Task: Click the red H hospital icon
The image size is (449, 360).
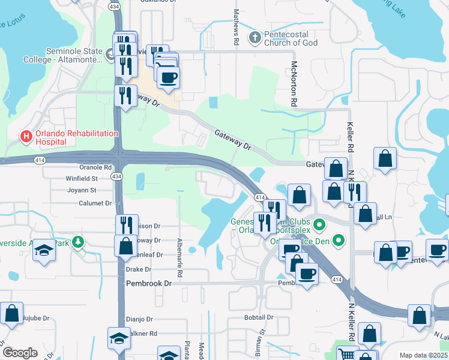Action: click(26, 137)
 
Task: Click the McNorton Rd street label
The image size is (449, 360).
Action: click(294, 83)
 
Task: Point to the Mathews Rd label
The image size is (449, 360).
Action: click(236, 27)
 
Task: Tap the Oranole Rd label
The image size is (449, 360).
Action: click(96, 168)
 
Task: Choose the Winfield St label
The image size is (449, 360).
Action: click(82, 178)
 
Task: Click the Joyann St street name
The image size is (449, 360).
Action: click(82, 190)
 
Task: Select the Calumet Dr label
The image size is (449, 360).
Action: click(95, 203)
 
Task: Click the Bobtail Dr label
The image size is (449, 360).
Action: click(259, 317)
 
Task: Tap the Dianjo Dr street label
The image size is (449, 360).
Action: click(139, 319)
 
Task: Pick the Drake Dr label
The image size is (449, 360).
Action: click(139, 269)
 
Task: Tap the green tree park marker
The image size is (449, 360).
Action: click(77, 242)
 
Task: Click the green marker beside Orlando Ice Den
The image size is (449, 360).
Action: click(339, 242)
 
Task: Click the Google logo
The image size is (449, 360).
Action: click(20, 353)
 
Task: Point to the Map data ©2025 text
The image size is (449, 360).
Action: click(423, 355)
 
